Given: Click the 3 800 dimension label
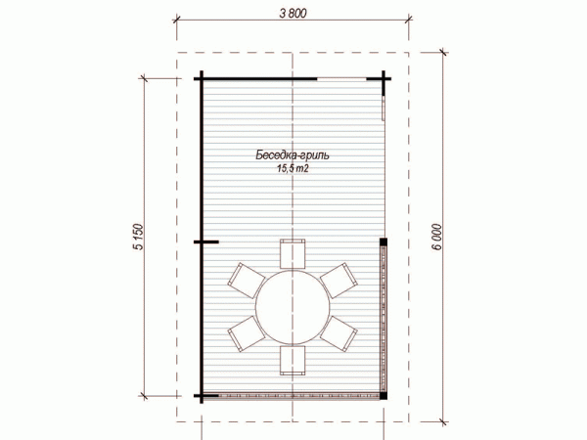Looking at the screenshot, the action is [x=293, y=13].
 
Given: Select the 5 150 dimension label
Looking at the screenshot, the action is [x=138, y=237].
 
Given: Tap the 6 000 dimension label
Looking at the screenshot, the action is [x=436, y=238].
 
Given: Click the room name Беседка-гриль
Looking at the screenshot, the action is [x=293, y=155].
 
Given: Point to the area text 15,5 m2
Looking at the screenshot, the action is [x=293, y=169].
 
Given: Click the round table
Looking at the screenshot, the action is [x=293, y=307].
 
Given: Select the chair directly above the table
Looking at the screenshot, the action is [x=293, y=253].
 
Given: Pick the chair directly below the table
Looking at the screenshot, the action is [x=293, y=360].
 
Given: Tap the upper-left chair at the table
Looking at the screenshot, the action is [x=246, y=281].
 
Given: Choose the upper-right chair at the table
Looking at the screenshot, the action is [x=339, y=281].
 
